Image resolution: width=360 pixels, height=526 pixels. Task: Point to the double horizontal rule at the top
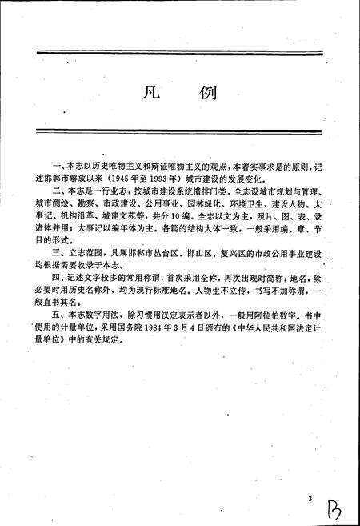click(x=179, y=54)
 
